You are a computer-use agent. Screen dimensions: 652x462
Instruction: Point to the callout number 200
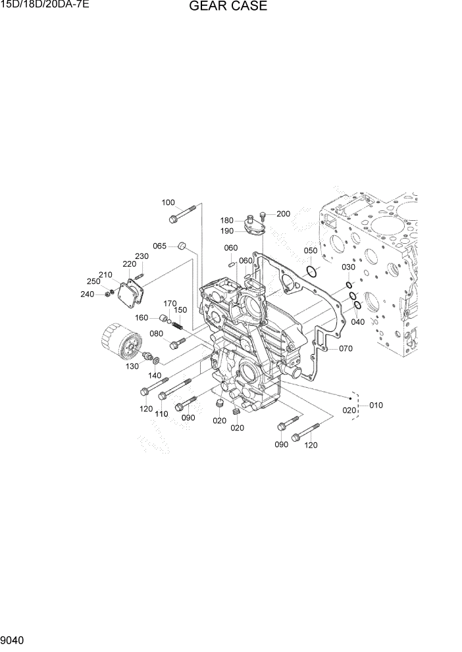coord(283,214)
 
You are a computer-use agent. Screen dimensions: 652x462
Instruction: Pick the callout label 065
coord(160,246)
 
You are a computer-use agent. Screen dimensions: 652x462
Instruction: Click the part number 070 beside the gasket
coord(346,348)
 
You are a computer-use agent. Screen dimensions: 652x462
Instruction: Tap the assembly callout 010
coord(376,405)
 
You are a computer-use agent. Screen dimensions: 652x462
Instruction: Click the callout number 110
coord(161,413)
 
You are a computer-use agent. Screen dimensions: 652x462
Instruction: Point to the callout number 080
coord(156,333)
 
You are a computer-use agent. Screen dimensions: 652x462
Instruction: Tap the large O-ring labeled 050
coord(312,271)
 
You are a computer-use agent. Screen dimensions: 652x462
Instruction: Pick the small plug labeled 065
coord(182,247)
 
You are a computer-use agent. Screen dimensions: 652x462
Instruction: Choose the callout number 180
coord(226,221)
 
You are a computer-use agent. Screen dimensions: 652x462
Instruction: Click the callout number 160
coord(142,317)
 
